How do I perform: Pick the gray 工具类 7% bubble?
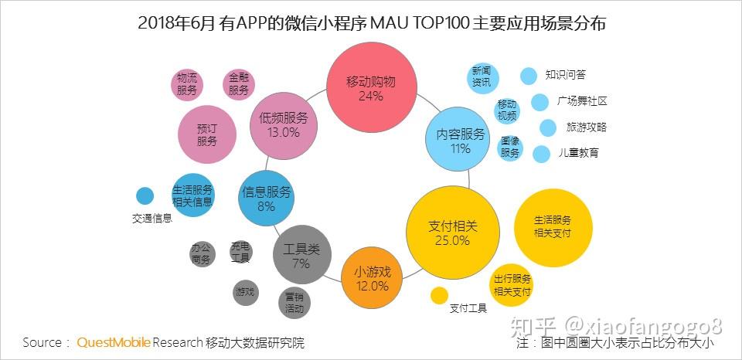(x=301, y=256)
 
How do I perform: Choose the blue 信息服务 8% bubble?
(x=266, y=199)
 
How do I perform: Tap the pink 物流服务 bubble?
(x=187, y=83)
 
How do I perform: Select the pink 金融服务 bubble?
(x=239, y=83)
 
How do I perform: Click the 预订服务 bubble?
(x=207, y=135)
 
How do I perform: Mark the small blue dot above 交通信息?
(x=145, y=196)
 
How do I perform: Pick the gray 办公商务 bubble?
(x=201, y=254)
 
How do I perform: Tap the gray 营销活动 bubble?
(x=294, y=302)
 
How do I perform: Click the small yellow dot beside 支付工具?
(x=439, y=296)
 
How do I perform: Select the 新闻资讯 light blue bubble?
(x=482, y=76)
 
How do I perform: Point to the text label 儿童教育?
(x=578, y=153)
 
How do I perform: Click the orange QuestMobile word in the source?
(x=113, y=342)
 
